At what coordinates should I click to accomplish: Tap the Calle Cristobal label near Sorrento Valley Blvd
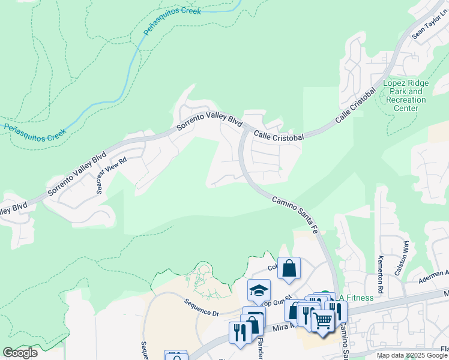[278, 136]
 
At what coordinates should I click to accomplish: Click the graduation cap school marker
[259, 290]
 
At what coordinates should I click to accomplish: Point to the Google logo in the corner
[20, 353]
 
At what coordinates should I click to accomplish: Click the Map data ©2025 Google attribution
[412, 355]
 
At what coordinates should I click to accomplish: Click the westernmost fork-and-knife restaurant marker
[240, 333]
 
